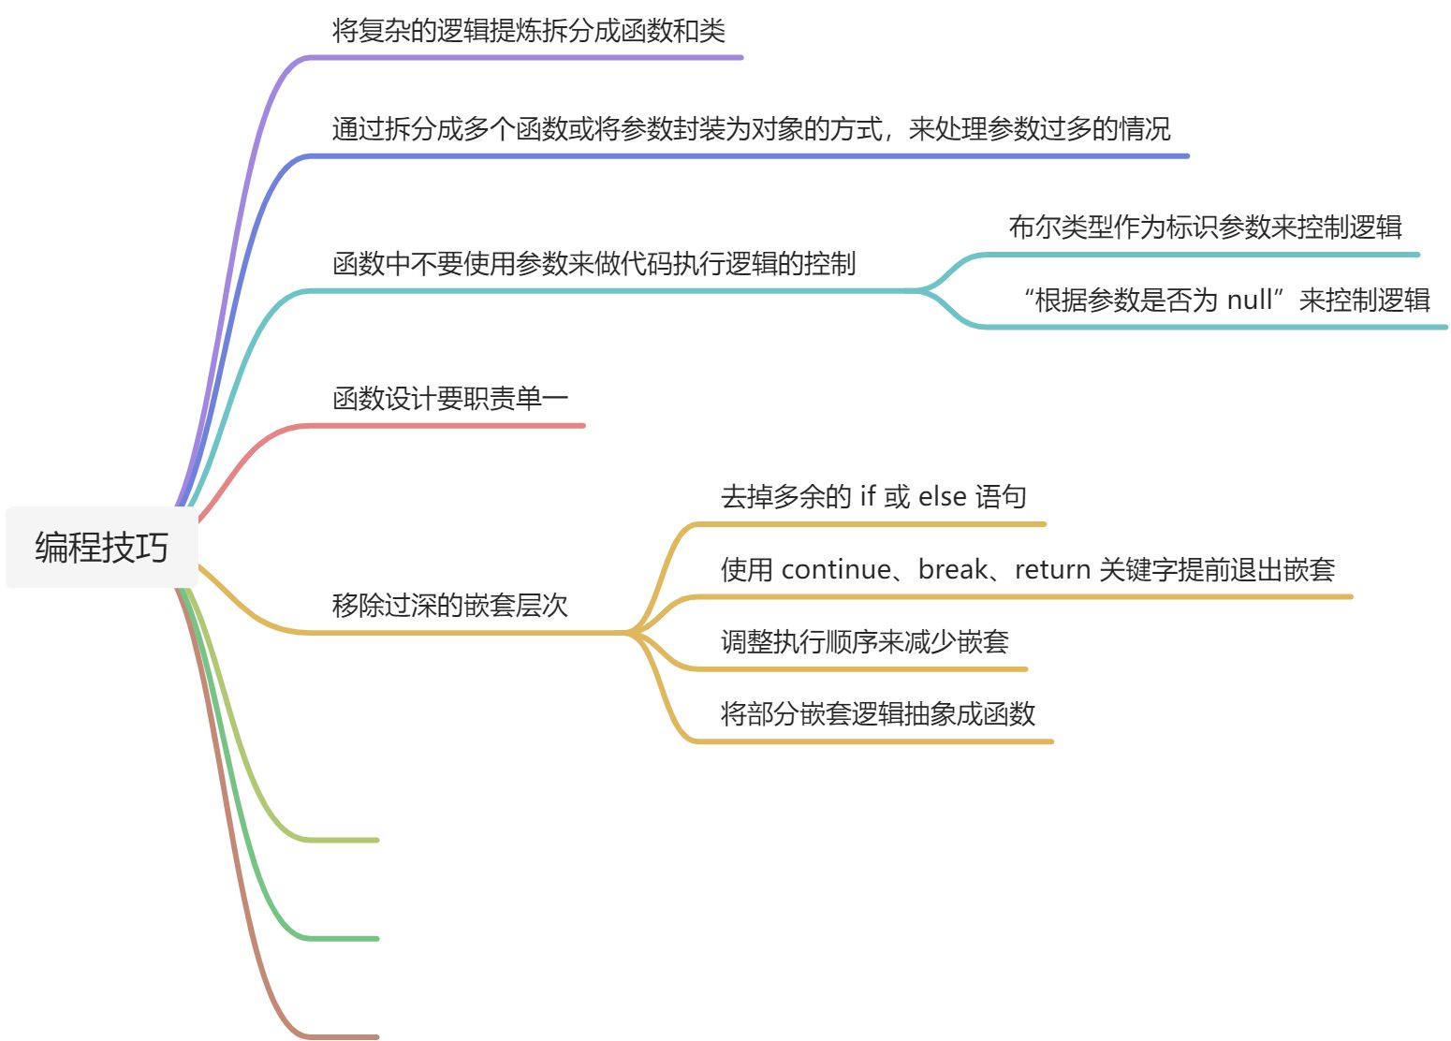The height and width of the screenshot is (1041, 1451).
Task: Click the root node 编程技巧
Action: [x=101, y=548]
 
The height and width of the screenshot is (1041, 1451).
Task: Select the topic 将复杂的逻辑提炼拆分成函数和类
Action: [x=528, y=31]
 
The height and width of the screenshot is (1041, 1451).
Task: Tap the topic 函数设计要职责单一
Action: [x=449, y=400]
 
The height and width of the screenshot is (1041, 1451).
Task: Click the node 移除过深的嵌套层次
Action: [x=449, y=606]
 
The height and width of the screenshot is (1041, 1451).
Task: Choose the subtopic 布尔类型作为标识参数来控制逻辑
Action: [x=1204, y=227]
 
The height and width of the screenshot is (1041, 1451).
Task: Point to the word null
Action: [x=1249, y=301]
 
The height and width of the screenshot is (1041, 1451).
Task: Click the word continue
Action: [x=836, y=570]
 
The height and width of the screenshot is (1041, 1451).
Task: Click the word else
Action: [x=942, y=497]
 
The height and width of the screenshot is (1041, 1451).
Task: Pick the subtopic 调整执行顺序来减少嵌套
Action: [x=864, y=642]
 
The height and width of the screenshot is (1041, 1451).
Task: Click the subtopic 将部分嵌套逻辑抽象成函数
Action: [x=877, y=714]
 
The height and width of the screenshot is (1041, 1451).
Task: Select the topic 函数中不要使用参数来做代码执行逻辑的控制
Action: [x=594, y=264]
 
